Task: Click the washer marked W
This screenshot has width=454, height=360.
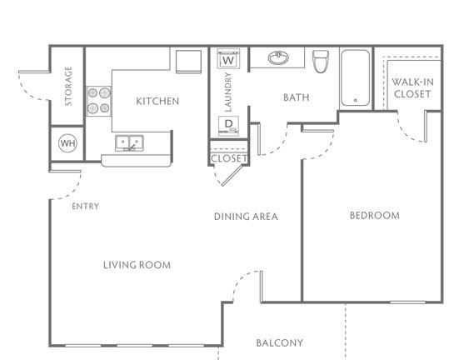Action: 228,59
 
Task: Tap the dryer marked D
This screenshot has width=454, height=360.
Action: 229,126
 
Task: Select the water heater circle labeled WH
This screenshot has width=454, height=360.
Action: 67,143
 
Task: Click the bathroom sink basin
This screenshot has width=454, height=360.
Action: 278,58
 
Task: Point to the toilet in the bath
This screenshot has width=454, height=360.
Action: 321,61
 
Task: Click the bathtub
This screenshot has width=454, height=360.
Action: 355,77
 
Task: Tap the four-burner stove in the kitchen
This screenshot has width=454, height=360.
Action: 99,101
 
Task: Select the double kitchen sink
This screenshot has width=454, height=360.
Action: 129,142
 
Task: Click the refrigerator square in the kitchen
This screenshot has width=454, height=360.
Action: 188,62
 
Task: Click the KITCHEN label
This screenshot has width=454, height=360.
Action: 157,101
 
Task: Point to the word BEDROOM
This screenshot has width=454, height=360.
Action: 375,215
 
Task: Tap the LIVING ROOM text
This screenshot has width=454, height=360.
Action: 137,265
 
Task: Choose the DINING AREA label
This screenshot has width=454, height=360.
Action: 246,217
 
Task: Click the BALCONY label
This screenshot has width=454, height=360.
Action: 280,342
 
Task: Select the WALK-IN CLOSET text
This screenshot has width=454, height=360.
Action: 412,87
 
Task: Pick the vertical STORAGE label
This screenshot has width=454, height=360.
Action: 68,86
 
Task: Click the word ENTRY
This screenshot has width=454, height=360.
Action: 86,206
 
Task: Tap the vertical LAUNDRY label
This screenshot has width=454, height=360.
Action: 228,92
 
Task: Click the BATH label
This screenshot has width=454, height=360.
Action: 297,97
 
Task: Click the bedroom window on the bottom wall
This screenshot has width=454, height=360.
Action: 407,302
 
